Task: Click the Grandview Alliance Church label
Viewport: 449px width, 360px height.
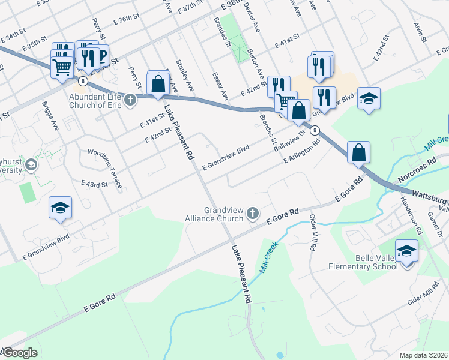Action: click(222, 215)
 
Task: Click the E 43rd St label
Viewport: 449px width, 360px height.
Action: click(94, 183)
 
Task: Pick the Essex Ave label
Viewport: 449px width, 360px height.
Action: click(220, 85)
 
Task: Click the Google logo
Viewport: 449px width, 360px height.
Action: click(20, 353)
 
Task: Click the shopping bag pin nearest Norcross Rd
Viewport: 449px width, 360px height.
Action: click(358, 152)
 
